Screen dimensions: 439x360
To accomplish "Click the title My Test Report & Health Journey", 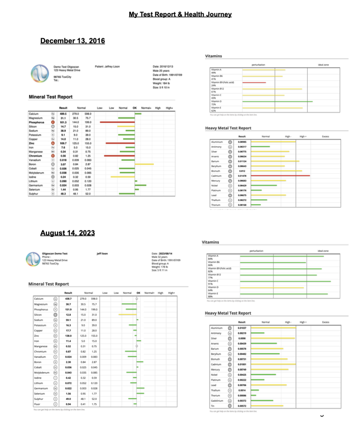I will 180,14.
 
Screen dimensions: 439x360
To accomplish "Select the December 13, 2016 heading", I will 72,41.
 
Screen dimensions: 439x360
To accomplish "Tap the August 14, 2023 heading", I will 67,233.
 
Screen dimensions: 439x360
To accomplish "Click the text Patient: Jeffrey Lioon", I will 107,67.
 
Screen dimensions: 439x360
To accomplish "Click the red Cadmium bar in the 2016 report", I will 280,176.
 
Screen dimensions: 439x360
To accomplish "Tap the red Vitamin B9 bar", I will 254,82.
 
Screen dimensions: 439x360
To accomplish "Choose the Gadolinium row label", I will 217,401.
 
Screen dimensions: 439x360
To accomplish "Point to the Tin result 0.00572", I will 243,406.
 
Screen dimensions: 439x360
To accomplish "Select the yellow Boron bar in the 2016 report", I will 144,164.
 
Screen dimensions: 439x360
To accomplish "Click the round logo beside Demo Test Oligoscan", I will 39,73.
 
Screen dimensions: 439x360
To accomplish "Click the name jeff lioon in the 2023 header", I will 102,254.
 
